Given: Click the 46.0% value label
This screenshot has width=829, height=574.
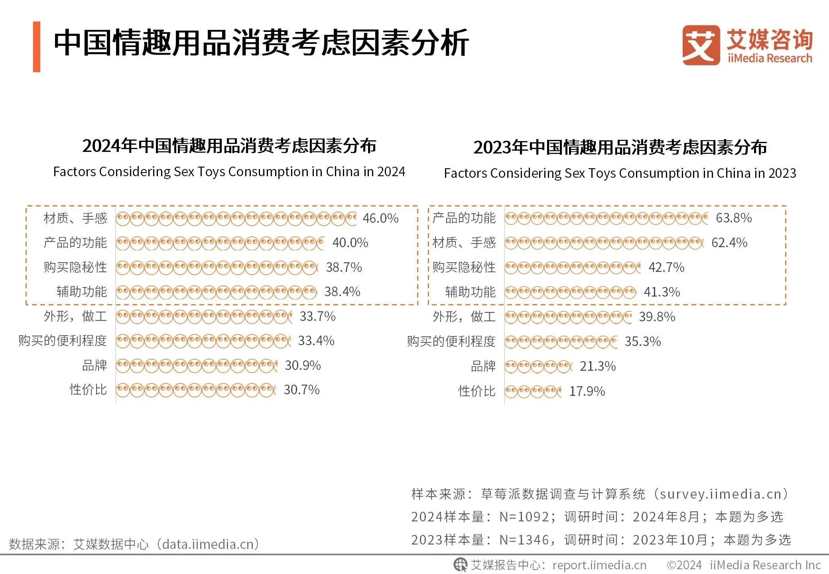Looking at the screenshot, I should [380, 218].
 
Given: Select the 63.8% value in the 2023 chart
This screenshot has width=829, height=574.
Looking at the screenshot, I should [734, 218].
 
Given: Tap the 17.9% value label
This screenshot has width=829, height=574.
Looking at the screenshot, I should [587, 391].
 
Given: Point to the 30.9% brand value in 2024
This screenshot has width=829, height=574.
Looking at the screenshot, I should [303, 365].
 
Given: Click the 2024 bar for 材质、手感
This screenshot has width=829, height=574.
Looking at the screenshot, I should [236, 218].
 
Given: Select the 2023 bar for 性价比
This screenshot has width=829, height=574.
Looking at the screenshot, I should [533, 391].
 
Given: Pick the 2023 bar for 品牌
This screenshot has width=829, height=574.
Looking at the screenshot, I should [538, 366].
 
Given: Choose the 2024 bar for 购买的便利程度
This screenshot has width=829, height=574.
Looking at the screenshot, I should [203, 341].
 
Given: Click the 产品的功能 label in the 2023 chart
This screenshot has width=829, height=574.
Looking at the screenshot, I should [464, 218].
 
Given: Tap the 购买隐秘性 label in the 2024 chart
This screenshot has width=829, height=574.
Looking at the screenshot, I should [75, 267].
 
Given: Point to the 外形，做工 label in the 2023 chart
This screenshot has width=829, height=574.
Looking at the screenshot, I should [464, 317].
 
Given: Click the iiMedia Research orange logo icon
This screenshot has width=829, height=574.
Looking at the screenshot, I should [701, 45].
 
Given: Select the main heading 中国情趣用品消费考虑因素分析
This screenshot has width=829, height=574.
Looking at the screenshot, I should [261, 43].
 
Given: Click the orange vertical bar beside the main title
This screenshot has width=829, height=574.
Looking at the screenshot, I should [37, 47].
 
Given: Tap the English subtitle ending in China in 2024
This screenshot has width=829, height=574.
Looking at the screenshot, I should [229, 171].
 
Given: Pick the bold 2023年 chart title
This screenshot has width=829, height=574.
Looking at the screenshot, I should [620, 147].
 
